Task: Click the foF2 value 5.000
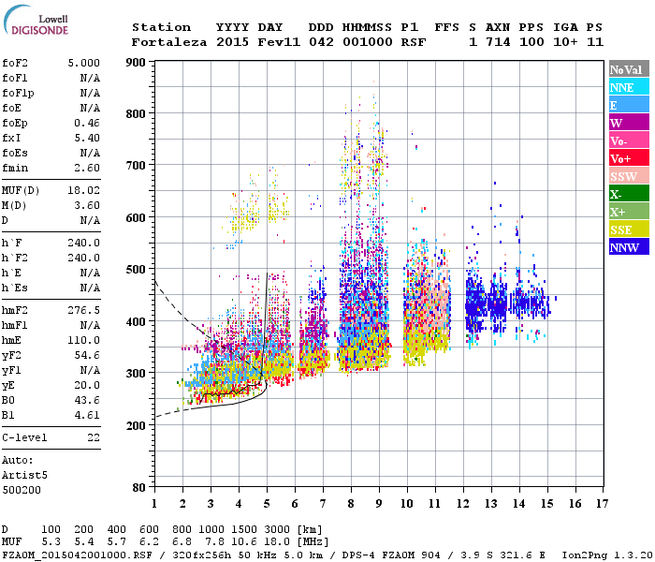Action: click(83, 63)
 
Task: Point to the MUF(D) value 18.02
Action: click(83, 190)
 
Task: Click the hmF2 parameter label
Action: click(16, 310)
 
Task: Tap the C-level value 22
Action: click(93, 437)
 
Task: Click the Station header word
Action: click(161, 27)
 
